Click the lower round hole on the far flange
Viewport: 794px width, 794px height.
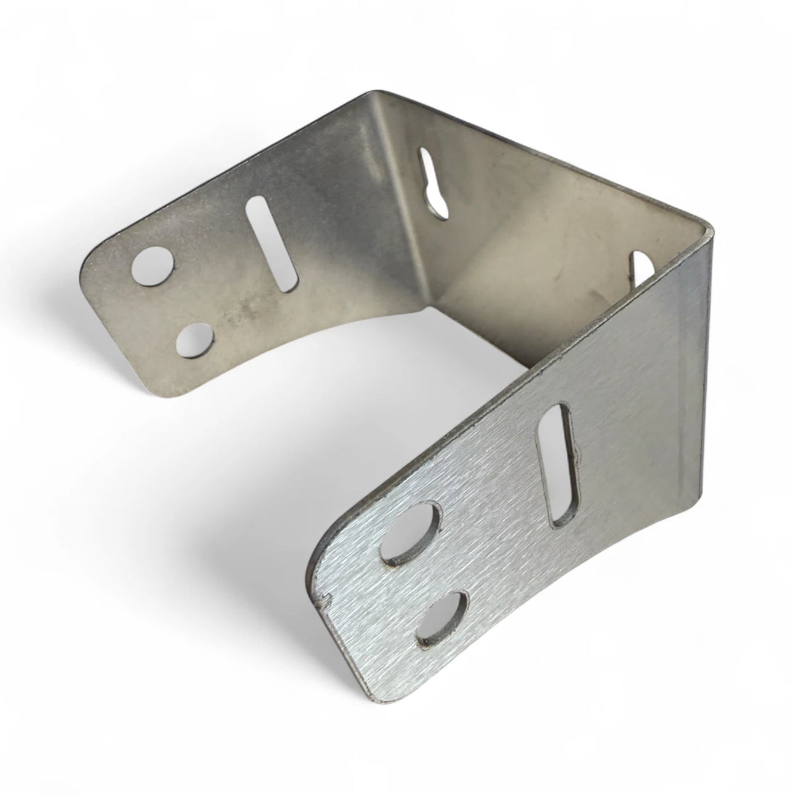[x=196, y=341]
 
